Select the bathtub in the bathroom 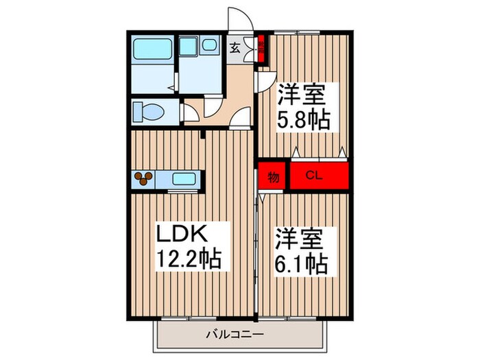152,49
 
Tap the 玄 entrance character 235,48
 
